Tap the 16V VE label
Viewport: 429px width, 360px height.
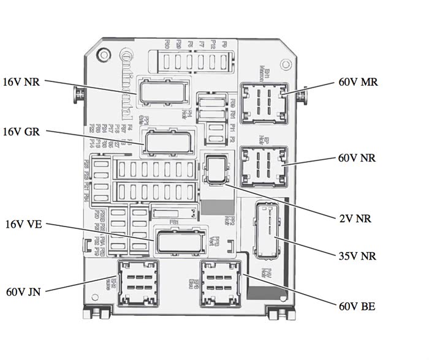coord(23,225)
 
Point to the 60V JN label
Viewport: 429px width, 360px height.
coord(23,292)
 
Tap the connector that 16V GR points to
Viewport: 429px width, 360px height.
coord(165,143)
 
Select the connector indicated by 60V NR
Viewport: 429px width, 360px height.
coord(264,165)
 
